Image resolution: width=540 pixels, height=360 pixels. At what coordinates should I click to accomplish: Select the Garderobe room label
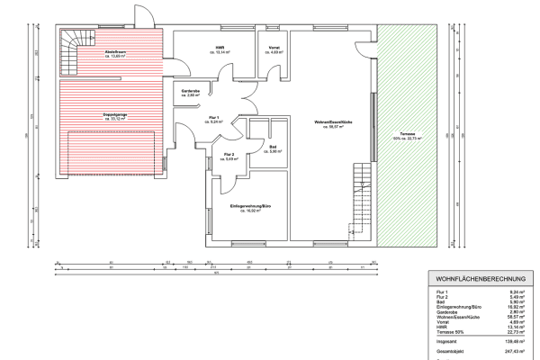click(190, 92)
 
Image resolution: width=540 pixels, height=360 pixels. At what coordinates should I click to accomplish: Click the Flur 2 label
click(229, 155)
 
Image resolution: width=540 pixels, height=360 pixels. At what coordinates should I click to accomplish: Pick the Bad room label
click(272, 146)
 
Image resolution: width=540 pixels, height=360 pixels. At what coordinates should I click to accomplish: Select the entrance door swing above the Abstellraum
click(145, 14)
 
